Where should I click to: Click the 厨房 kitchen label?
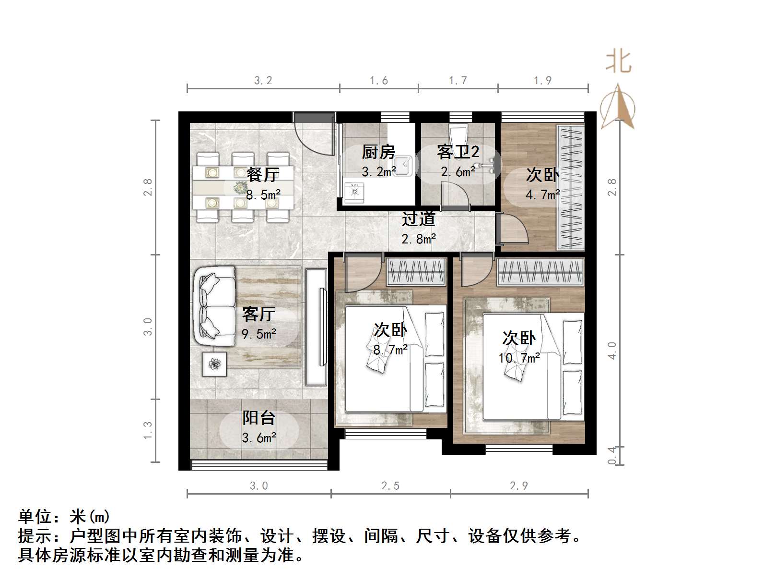pos(378,152)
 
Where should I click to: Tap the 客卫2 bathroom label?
pos(458,152)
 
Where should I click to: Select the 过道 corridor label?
pos(418,219)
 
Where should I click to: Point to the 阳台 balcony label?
pos(258,418)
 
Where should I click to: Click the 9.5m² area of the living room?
pos(259,334)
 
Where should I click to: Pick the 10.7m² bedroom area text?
pos(519,358)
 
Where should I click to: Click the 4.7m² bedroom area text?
pos(542,195)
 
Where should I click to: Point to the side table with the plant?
pos(214,364)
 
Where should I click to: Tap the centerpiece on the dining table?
pos(240,187)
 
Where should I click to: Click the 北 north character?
pos(618,62)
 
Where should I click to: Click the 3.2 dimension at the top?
pos(263,81)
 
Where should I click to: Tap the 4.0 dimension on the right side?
pos(611,351)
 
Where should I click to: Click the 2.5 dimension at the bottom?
pos(390,486)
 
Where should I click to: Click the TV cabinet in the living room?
pos(316,327)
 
